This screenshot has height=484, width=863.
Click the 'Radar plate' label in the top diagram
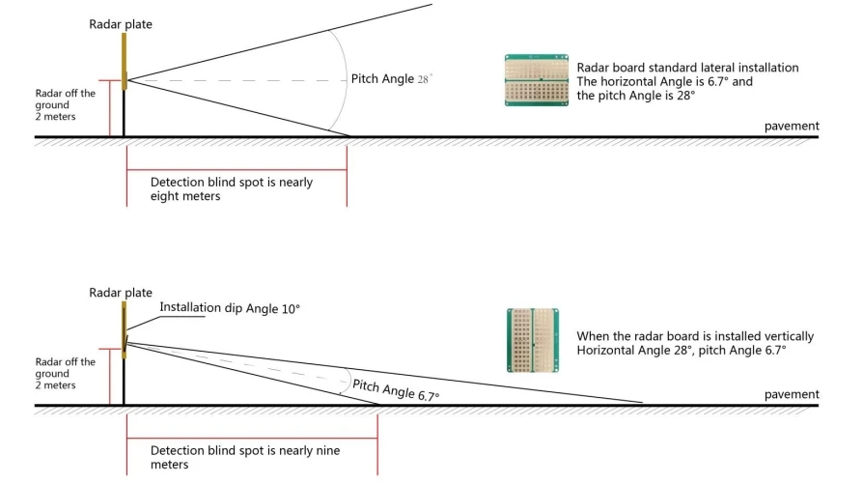121,24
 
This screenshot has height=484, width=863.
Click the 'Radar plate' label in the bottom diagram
121,293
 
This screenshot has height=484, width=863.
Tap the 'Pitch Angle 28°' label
392,79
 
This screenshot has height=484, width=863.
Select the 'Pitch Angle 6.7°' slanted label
396,390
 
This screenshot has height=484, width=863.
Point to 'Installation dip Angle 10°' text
230,308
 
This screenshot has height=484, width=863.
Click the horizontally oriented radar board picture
537,80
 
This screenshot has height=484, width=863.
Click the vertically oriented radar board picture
533,340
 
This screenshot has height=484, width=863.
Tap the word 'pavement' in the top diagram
792,127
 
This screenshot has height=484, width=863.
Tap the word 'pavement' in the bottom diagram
792,394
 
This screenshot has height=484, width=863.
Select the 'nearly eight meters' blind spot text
232,188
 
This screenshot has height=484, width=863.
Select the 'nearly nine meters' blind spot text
245,457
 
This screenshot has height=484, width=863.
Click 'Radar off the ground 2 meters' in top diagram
65,104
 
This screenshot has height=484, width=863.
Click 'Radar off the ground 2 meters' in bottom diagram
65,373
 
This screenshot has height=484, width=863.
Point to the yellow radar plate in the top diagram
125,61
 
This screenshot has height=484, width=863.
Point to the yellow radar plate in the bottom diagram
125,329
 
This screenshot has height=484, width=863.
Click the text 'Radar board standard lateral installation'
687,68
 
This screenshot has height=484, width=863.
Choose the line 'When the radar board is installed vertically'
695,336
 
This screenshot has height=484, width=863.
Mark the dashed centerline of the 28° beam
237,81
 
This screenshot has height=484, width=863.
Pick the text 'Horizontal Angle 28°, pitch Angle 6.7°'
682,350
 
